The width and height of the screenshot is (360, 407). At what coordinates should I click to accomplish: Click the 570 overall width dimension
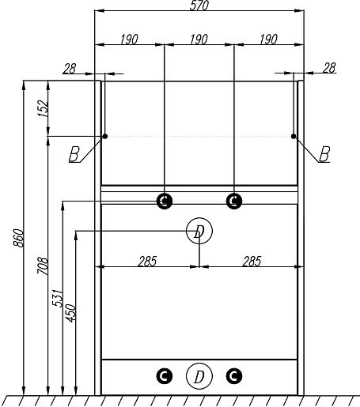(x=199, y=6)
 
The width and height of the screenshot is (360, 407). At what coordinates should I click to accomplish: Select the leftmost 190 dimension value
(x=129, y=40)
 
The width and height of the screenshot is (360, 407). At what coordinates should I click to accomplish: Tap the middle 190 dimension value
(x=199, y=40)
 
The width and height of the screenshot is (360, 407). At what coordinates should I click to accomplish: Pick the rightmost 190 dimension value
(x=268, y=40)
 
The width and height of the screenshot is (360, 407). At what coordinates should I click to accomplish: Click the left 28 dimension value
(x=70, y=69)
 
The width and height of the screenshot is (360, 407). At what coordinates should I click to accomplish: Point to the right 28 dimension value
(x=329, y=68)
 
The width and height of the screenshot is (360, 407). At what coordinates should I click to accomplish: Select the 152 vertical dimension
(x=43, y=108)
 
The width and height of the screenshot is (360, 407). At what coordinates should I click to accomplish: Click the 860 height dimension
(x=19, y=238)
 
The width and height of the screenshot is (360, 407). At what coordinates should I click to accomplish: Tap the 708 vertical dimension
(x=43, y=266)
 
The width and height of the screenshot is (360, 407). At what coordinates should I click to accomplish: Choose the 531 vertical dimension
(x=58, y=298)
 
